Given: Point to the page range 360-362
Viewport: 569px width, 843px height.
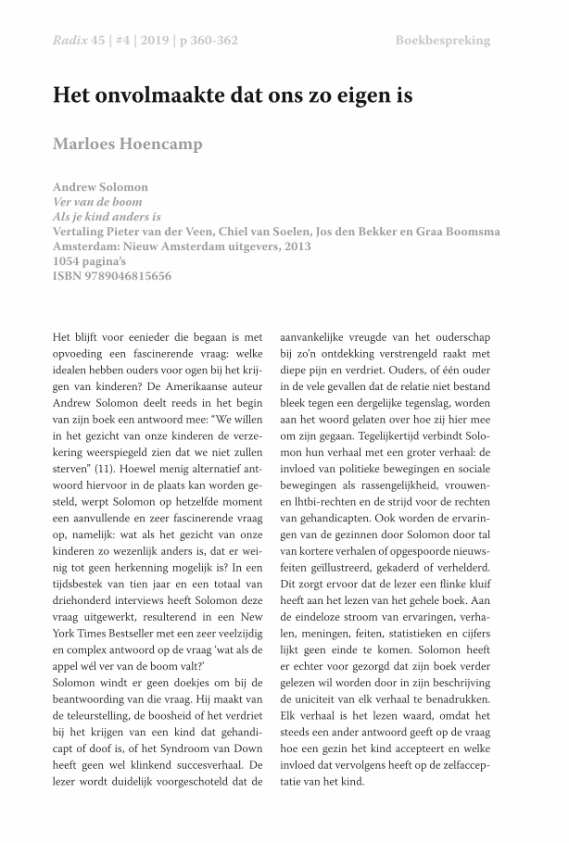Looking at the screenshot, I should point(213,40).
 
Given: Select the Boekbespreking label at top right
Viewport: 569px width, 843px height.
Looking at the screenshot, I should point(442,40).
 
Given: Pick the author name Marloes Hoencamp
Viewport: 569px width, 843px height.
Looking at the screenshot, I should point(127,145).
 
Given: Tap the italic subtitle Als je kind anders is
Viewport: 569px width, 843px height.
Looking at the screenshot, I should point(114,217).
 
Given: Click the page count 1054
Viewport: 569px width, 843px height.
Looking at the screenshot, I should point(70,261).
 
